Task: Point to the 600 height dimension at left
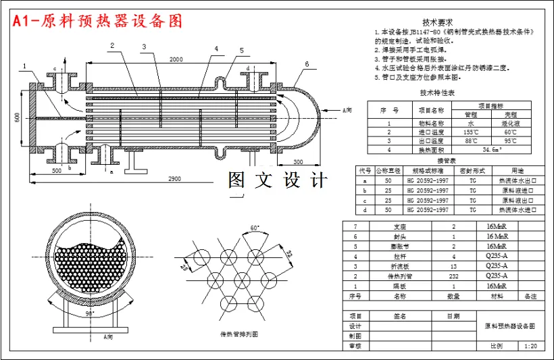point(17,117)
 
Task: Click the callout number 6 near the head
point(307,64)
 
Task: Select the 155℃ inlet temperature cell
point(472,132)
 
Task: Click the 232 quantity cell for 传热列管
point(453,276)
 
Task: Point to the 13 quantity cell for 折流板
point(453,266)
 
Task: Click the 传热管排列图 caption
point(239,334)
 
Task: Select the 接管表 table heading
point(447,161)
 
